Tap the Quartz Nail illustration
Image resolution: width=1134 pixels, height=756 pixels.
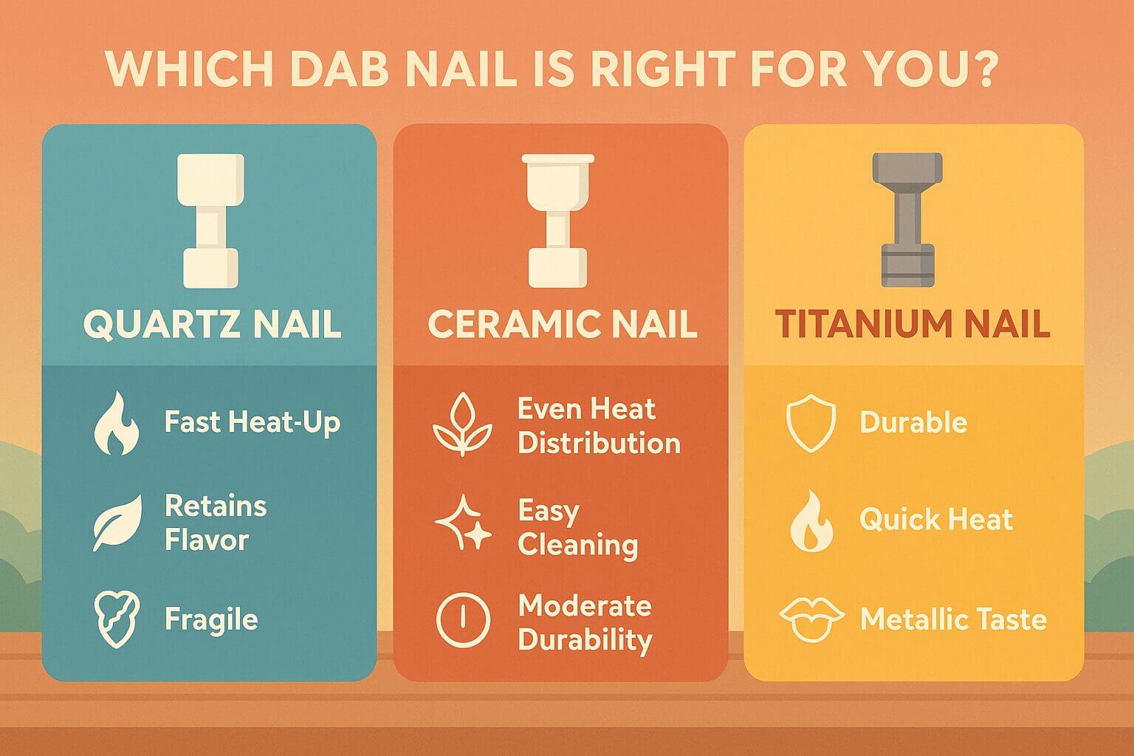click(210, 221)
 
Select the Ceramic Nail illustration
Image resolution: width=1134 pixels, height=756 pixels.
click(558, 221)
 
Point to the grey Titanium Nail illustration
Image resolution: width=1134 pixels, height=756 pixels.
click(907, 220)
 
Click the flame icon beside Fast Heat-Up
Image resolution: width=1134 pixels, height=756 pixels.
click(117, 423)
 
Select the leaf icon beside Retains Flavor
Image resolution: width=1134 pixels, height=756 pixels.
click(117, 523)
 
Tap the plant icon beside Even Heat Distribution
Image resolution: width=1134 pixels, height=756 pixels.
click(462, 425)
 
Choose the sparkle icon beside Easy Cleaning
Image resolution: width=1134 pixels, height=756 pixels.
click(463, 523)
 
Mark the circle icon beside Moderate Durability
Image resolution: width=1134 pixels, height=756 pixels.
click(463, 619)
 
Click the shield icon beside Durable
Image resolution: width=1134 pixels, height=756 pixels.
click(811, 423)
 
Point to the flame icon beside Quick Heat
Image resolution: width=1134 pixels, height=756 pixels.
click(811, 521)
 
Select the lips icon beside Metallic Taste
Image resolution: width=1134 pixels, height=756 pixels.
click(811, 620)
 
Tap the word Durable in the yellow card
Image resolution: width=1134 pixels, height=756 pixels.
click(913, 422)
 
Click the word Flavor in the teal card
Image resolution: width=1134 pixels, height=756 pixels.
click(207, 540)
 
